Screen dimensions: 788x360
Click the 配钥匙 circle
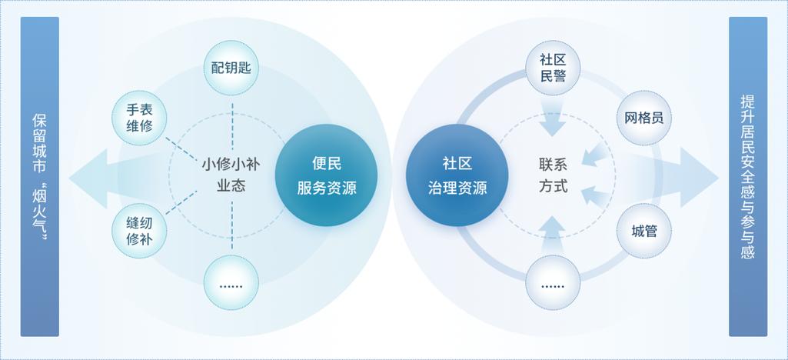[231, 68]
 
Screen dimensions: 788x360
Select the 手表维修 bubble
[139, 118]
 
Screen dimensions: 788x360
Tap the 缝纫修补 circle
[139, 231]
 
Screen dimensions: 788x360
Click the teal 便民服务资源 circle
[326, 175]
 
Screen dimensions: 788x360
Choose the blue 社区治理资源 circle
[457, 175]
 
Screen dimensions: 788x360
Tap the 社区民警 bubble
[553, 68]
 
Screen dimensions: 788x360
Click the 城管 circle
[643, 231]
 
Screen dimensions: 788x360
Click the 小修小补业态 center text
[231, 175]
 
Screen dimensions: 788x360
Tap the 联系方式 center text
[553, 175]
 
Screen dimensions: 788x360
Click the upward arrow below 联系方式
[553, 235]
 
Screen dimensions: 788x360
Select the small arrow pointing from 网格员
[595, 155]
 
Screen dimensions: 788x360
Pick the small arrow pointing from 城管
[595, 196]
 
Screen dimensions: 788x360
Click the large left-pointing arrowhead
[88, 178]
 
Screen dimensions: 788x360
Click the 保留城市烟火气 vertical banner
[40, 176]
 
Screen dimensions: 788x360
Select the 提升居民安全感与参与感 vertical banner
[748, 176]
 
